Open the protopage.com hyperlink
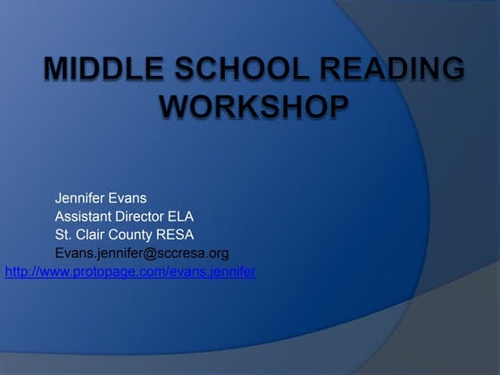tap(130, 271)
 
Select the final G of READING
tap(454, 70)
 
